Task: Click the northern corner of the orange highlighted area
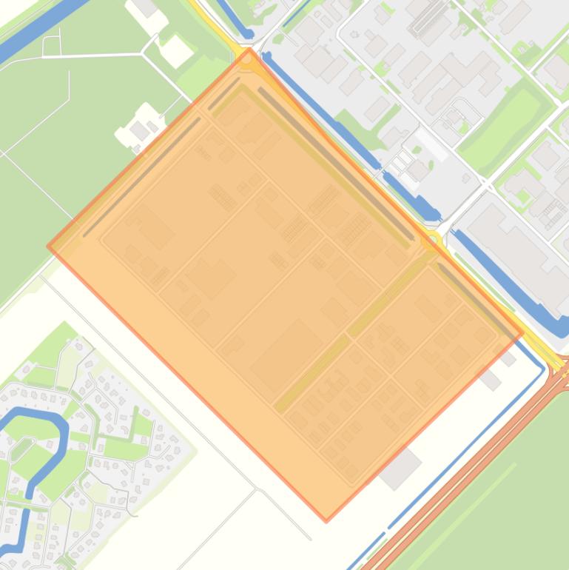(x=249, y=49)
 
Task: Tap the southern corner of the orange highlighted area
(x=326, y=520)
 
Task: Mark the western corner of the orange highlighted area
(x=49, y=247)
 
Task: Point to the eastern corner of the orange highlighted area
(x=523, y=332)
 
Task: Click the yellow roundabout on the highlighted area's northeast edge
(x=430, y=241)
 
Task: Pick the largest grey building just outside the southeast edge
(x=400, y=468)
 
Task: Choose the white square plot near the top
(x=177, y=50)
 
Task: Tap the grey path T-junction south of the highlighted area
(x=257, y=489)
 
